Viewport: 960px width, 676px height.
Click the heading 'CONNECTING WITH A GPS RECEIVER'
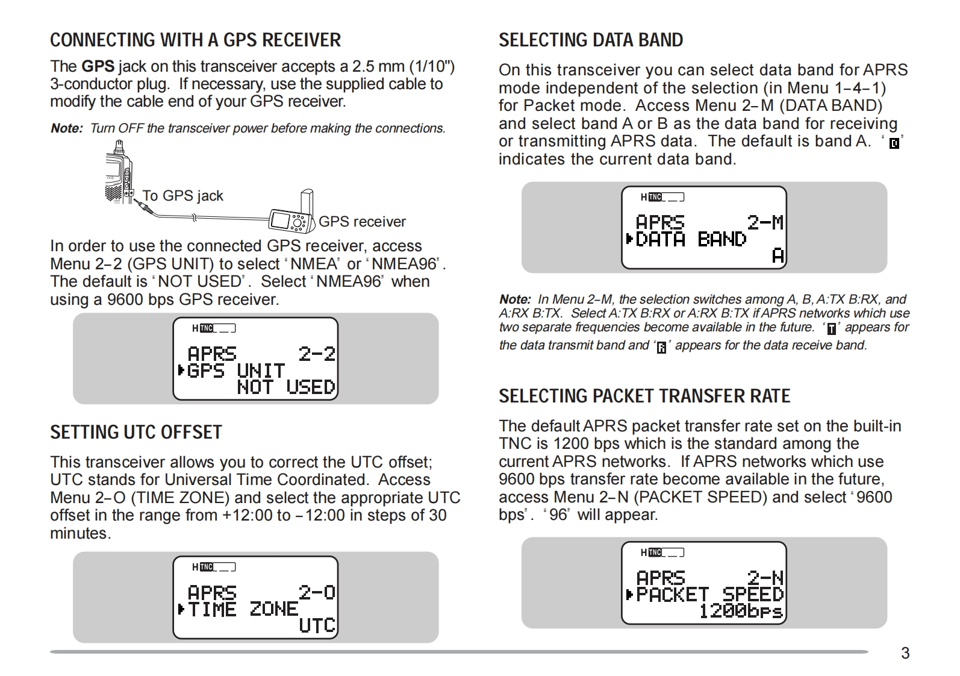point(195,40)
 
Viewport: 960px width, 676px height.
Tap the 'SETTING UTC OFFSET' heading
point(136,432)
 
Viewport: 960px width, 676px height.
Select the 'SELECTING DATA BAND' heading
point(591,40)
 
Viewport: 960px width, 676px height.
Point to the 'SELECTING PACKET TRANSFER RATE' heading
point(644,396)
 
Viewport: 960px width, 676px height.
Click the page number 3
point(905,653)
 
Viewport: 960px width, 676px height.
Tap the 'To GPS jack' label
point(182,196)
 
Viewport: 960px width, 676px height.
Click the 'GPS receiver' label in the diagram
point(362,222)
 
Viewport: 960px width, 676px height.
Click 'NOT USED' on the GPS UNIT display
point(286,387)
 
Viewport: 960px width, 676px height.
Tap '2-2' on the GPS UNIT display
point(317,354)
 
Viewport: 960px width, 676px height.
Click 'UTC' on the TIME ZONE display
point(317,625)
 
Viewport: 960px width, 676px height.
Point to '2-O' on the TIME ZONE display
point(317,592)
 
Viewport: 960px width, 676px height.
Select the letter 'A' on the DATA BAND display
point(778,257)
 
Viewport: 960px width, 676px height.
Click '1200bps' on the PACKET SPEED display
point(740,612)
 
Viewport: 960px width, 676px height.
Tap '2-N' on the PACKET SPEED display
point(765,578)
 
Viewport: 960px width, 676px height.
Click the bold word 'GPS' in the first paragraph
point(98,66)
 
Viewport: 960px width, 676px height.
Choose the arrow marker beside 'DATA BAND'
point(629,240)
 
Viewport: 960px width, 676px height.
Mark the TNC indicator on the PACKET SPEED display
point(655,552)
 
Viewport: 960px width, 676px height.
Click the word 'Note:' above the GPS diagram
point(66,128)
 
